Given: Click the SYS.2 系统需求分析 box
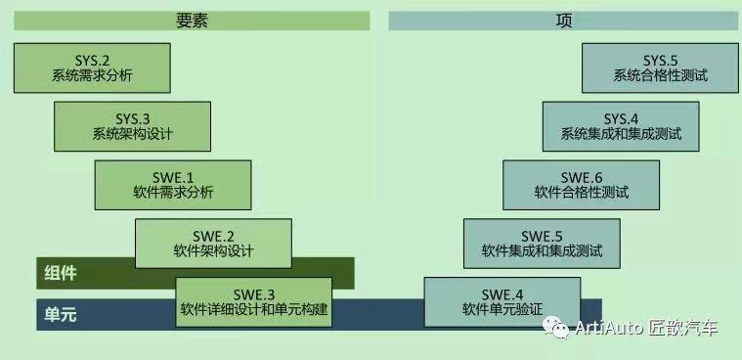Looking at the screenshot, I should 92,67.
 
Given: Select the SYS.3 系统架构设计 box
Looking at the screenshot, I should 132,126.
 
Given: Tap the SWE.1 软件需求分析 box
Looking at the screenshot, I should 173,185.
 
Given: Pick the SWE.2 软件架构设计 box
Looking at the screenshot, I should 213,244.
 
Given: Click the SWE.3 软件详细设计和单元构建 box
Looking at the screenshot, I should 253,302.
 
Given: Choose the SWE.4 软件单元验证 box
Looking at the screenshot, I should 502,302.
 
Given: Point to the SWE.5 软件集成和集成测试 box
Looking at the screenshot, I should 542,244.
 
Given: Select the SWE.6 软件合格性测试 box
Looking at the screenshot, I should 581,185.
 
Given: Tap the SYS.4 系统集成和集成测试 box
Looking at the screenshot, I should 621,126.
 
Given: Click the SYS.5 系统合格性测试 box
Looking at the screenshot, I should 660,67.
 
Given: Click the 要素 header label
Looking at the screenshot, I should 192,21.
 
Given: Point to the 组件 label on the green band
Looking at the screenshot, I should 61,272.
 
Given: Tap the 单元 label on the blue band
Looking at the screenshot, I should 61,314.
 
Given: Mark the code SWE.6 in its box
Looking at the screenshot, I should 582,177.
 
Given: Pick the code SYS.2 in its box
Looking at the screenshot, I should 92,60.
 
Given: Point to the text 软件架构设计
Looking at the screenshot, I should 213,251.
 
